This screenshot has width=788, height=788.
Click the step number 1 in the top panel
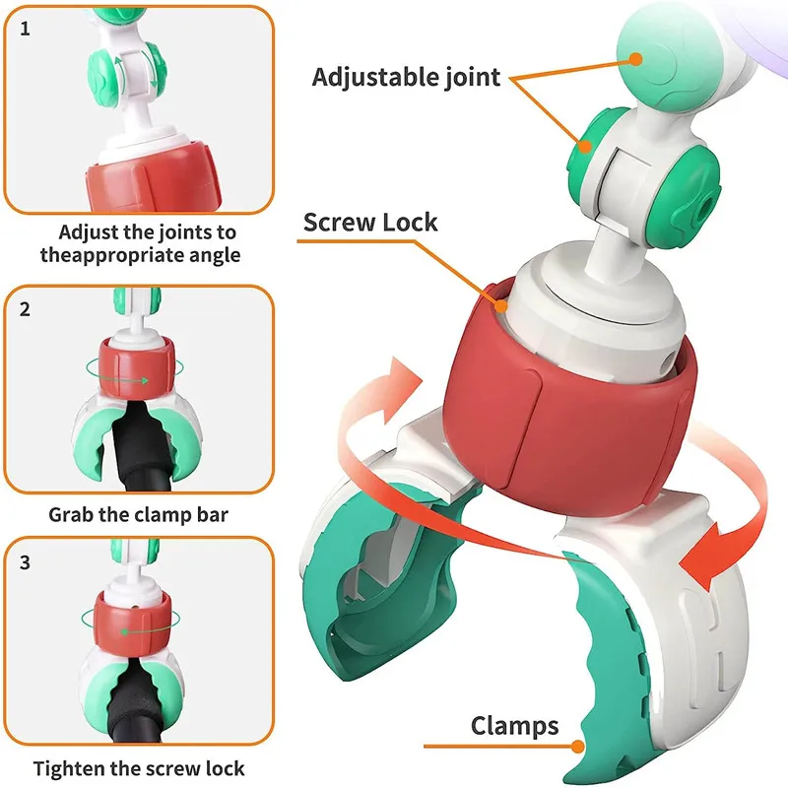pyautogui.click(x=26, y=29)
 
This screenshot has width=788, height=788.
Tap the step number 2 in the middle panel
pyautogui.click(x=26, y=309)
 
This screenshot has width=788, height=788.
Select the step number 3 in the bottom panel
pyautogui.click(x=26, y=563)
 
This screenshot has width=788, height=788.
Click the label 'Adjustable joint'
pyautogui.click(x=406, y=77)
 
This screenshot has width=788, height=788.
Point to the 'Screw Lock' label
pyautogui.click(x=369, y=221)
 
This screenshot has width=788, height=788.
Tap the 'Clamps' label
pyautogui.click(x=514, y=727)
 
